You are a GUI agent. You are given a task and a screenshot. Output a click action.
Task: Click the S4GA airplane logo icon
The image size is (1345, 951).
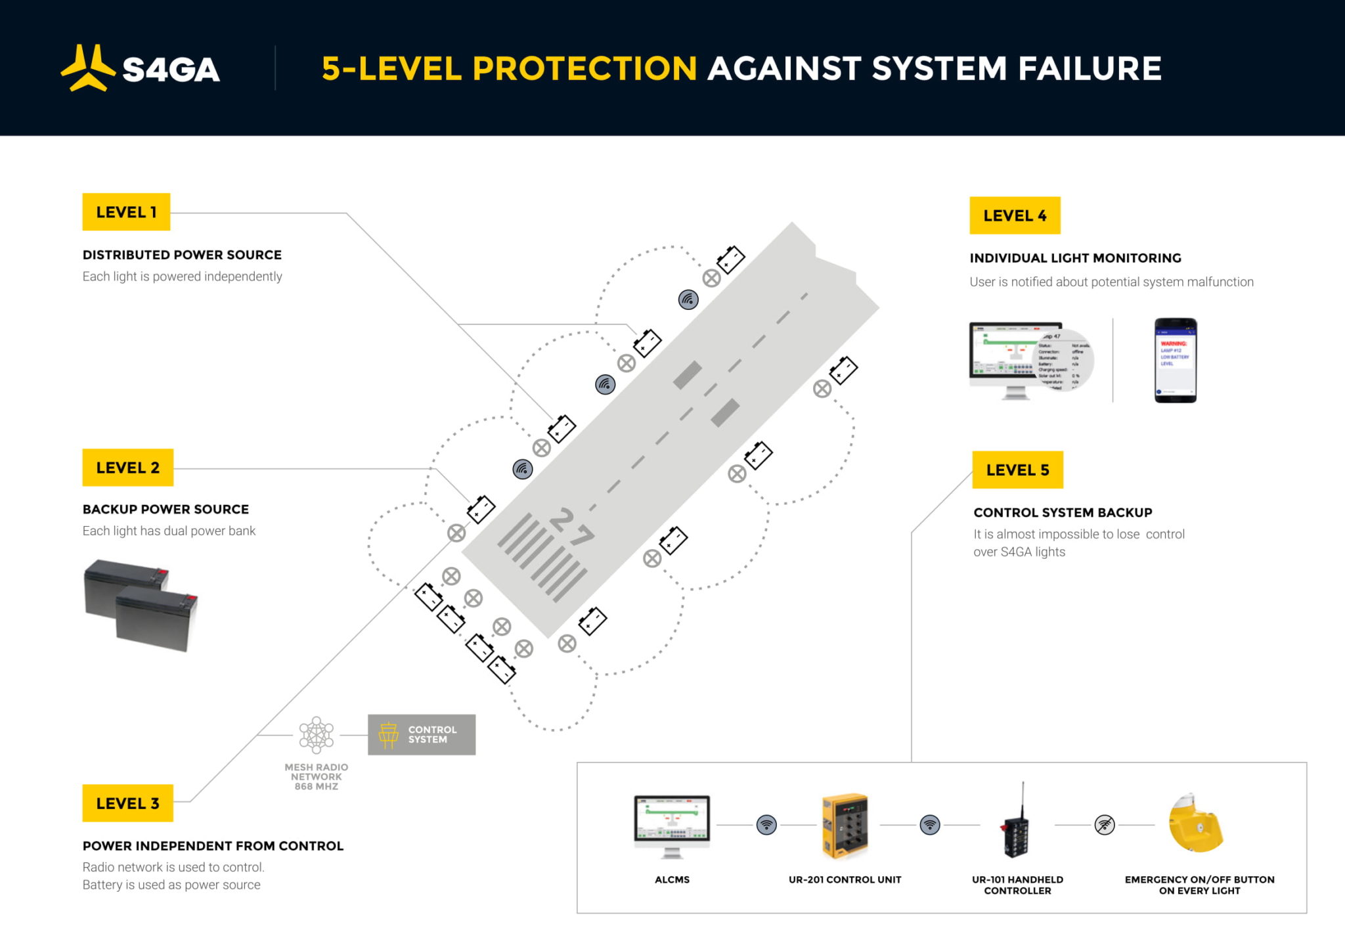pyautogui.click(x=88, y=68)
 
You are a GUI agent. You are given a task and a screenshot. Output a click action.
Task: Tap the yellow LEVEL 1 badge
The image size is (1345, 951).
pyautogui.click(x=126, y=212)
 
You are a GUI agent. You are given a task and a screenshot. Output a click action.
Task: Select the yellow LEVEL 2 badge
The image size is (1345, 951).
pyautogui.click(x=127, y=468)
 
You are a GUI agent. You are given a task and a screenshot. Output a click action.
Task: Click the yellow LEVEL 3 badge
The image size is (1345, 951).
pyautogui.click(x=127, y=803)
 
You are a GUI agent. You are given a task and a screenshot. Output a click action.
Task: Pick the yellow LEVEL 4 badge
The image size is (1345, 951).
pyautogui.click(x=1015, y=215)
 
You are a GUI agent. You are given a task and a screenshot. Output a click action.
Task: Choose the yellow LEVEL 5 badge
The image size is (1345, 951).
pyautogui.click(x=1017, y=470)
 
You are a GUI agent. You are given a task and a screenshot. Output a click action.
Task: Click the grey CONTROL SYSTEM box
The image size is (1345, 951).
pyautogui.click(x=422, y=734)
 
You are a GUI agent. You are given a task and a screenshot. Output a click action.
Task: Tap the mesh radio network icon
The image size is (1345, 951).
pyautogui.click(x=317, y=734)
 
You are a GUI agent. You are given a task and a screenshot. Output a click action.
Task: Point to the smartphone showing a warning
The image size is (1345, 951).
pyautogui.click(x=1176, y=360)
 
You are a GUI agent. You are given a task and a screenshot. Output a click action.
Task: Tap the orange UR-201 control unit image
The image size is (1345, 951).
pyautogui.click(x=845, y=826)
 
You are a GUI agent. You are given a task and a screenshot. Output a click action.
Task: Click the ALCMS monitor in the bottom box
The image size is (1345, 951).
pyautogui.click(x=672, y=824)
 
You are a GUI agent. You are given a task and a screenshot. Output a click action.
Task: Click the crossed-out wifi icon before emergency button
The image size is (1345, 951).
pyautogui.click(x=1105, y=825)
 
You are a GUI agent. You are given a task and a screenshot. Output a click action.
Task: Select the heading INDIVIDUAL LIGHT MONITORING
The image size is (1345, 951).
pyautogui.click(x=1075, y=258)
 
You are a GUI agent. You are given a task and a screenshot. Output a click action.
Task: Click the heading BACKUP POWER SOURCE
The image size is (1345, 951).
pyautogui.click(x=165, y=509)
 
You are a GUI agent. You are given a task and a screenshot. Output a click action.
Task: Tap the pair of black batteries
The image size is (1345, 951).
pyautogui.click(x=141, y=604)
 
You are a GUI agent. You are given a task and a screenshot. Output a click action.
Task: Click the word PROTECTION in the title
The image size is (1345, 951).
pyautogui.click(x=584, y=68)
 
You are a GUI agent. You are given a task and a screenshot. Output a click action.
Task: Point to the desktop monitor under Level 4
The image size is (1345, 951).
pyautogui.click(x=1015, y=358)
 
